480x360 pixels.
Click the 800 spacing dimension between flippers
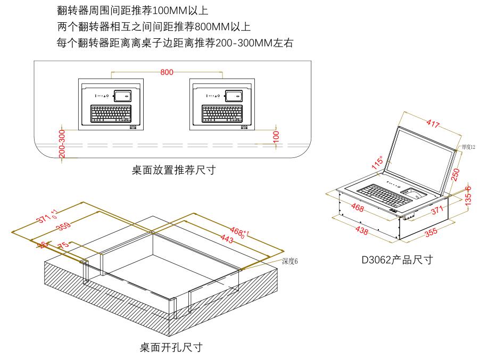click(x=167, y=72)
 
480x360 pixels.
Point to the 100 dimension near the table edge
click(x=276, y=136)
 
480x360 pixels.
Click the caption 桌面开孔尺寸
click(x=171, y=348)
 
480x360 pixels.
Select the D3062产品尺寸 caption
click(x=397, y=260)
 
